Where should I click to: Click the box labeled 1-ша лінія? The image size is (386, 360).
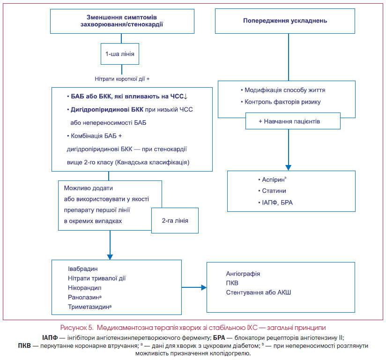click(120, 54)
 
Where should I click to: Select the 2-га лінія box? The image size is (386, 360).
click(175, 220)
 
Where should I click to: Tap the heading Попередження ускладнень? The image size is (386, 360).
click(285, 21)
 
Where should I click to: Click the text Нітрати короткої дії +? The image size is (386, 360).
click(122, 79)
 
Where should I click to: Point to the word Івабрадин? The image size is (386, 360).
click(83, 269)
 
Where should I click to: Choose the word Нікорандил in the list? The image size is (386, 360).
click(85, 288)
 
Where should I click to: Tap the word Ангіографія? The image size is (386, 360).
click(243, 274)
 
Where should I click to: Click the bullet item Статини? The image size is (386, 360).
click(272, 191)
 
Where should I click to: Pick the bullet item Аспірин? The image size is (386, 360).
click(272, 180)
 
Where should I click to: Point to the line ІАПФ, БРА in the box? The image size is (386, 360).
click(275, 202)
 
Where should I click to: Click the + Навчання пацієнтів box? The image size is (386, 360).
click(293, 121)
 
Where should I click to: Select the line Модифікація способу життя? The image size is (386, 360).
click(283, 90)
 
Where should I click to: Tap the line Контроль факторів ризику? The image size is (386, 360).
click(281, 102)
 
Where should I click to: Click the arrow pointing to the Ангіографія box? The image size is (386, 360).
click(194, 287)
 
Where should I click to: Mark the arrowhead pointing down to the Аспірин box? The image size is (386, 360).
click(288, 167)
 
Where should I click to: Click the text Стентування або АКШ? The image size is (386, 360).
click(259, 292)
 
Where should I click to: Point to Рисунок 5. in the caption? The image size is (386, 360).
click(77, 328)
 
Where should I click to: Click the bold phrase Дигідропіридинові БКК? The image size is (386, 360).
click(107, 110)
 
